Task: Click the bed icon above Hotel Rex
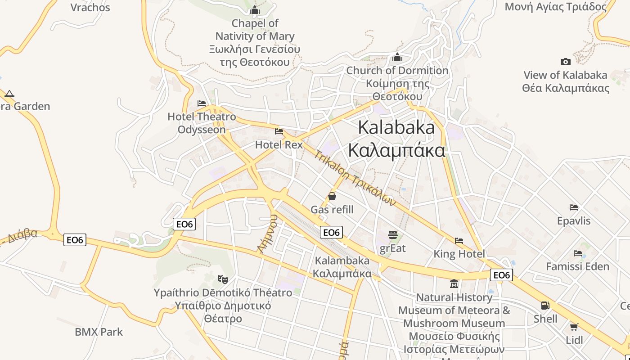point(279,131)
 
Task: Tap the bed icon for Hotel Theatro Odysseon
point(202,103)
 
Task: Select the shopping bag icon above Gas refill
point(332,196)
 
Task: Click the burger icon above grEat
point(393,234)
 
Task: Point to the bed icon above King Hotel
point(459,241)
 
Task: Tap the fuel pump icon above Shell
point(545,306)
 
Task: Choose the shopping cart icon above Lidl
point(574,327)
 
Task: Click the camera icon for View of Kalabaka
point(566,62)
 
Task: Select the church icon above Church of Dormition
point(397,57)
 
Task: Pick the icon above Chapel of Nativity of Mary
point(255,10)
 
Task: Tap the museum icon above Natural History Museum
point(454,284)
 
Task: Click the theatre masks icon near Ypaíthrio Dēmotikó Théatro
point(222,279)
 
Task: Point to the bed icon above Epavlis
point(574,207)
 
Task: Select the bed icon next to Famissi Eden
point(578,253)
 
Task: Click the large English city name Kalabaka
point(396,127)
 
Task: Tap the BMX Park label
point(99,332)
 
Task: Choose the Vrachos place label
point(90,7)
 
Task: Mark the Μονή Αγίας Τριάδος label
point(556,7)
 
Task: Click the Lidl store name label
point(574,340)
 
